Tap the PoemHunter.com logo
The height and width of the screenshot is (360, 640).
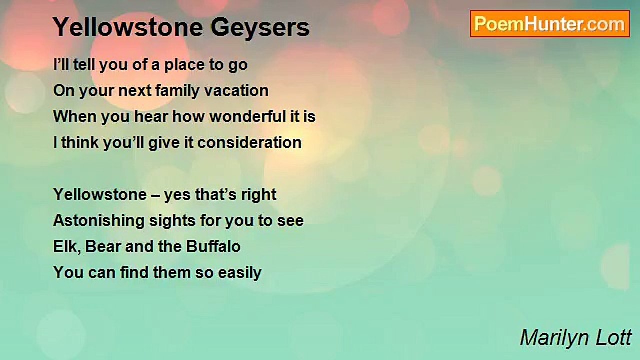tap(550, 24)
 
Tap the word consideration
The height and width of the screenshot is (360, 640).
tap(249, 143)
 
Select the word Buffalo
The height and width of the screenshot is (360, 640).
tap(214, 247)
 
